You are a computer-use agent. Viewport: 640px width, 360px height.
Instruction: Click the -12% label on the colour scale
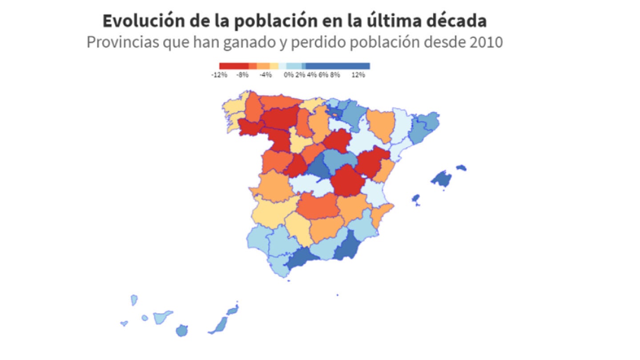tap(219, 75)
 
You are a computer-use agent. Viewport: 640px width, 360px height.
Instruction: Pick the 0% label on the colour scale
tap(289, 75)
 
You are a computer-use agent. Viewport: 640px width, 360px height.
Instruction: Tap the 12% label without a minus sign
tap(358, 75)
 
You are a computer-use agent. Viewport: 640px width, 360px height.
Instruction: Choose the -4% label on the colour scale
tap(265, 75)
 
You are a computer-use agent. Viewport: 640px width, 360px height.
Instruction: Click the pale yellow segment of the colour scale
tap(274, 66)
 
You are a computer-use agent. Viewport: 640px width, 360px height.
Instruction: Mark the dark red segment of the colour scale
tap(233, 66)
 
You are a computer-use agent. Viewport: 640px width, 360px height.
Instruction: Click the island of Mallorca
tap(442, 178)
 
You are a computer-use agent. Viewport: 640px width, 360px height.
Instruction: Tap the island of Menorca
tap(461, 168)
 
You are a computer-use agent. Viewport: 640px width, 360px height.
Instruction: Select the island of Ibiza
tap(416, 198)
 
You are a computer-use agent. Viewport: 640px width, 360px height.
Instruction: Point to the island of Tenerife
tap(162, 317)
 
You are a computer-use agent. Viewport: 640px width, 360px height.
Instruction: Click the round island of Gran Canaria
tap(181, 331)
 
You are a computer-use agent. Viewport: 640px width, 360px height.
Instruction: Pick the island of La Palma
tap(134, 300)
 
